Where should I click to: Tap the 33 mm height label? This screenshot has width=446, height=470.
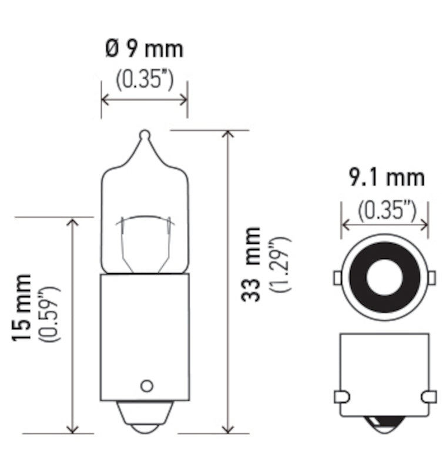tap(251, 264)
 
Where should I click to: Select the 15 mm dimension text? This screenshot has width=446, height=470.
tap(24, 308)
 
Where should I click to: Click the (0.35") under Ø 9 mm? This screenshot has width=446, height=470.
tap(144, 79)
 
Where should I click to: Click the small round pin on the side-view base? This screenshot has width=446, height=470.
tap(146, 386)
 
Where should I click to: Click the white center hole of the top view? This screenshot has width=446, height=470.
tap(384, 277)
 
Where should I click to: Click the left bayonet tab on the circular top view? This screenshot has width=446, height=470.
tap(337, 277)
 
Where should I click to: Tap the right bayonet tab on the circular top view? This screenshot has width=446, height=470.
tap(431, 277)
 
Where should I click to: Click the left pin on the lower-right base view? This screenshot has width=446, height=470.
tap(340, 397)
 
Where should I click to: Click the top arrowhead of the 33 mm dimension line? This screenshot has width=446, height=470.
tap(229, 134)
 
